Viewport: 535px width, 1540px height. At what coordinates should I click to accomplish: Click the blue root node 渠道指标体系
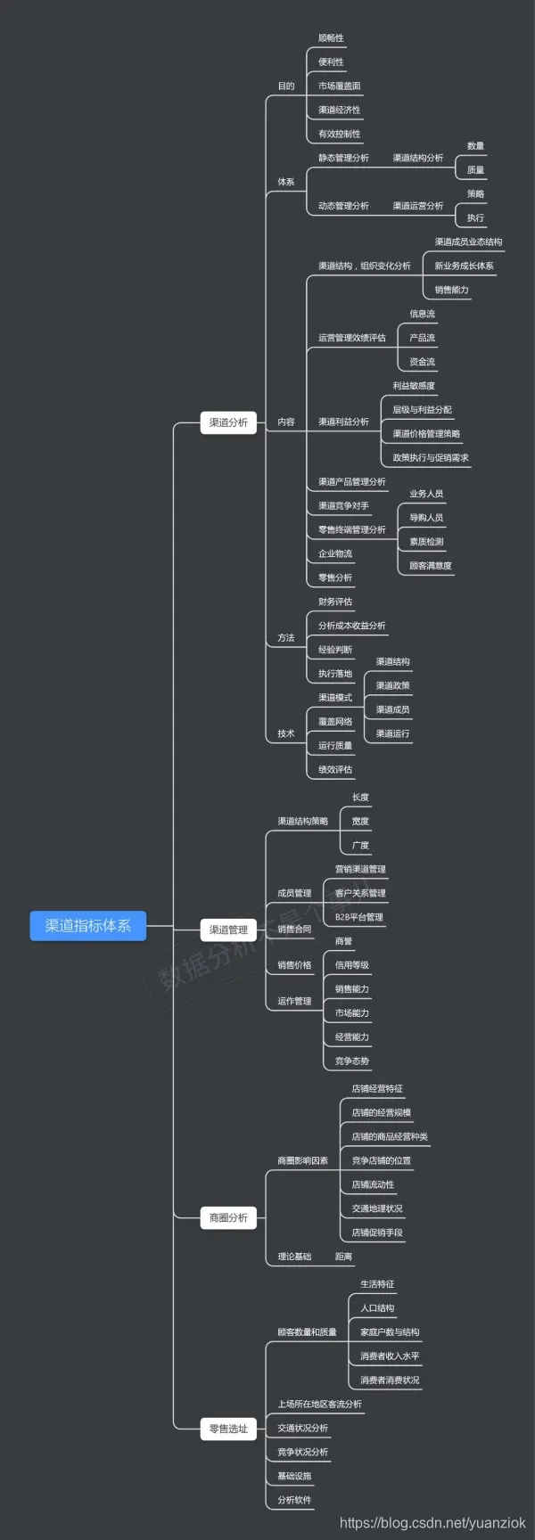(87, 926)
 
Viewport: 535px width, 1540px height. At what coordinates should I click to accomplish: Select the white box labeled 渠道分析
(228, 422)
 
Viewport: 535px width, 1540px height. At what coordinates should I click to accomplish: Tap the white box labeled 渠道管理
(228, 930)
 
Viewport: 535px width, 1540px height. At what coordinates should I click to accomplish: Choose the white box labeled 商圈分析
(228, 1217)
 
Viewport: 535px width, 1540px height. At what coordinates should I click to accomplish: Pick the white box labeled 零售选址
(228, 1429)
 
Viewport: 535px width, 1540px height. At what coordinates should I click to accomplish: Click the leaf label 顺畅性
(331, 38)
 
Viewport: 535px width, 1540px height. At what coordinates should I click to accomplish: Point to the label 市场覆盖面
(340, 86)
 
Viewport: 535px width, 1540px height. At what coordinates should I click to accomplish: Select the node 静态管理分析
(343, 158)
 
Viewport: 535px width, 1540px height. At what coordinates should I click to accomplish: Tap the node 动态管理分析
(343, 206)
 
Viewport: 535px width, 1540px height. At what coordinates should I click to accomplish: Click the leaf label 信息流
(423, 314)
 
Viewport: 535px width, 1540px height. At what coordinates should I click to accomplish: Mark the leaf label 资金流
(423, 362)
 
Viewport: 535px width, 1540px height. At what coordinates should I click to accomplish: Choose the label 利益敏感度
(414, 386)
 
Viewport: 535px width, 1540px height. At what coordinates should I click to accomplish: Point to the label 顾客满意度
(431, 566)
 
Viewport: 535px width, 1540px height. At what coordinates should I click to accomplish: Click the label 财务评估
(335, 602)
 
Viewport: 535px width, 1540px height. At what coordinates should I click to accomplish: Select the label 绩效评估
(335, 770)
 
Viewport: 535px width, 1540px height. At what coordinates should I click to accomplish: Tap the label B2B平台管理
(359, 917)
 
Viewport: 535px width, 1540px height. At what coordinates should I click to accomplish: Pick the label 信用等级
(352, 965)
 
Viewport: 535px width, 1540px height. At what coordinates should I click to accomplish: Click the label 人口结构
(377, 1308)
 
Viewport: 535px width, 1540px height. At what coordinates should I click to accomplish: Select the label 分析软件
(294, 1500)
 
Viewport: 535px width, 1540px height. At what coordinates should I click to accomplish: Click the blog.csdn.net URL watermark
(432, 1523)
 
